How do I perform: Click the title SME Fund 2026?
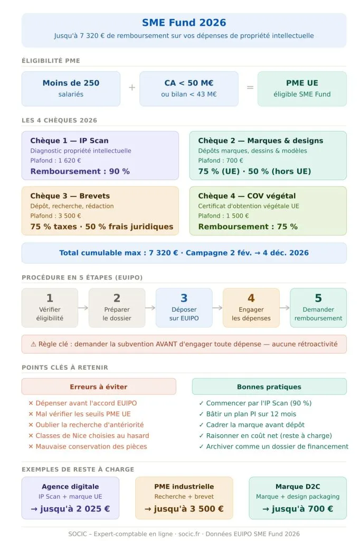pos(184,23)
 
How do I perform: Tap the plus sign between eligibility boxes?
pos(132,88)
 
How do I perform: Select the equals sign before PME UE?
pos(250,88)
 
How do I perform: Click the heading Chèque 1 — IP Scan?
pos(69,141)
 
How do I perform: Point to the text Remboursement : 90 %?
pos(80,171)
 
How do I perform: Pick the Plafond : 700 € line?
pos(221,161)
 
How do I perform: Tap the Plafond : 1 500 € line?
pos(223,216)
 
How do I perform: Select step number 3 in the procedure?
pos(184,299)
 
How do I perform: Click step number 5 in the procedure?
pos(318,299)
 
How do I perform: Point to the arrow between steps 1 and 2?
pos(83,307)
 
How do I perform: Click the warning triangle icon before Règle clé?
pos(33,344)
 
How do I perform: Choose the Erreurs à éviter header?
pos(99,387)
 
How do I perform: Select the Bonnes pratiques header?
pos(269,387)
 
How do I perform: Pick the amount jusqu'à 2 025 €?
pos(70,509)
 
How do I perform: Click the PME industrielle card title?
pos(184,487)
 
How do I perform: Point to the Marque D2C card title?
pos(298,487)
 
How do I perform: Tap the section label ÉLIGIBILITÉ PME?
pos(51,61)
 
